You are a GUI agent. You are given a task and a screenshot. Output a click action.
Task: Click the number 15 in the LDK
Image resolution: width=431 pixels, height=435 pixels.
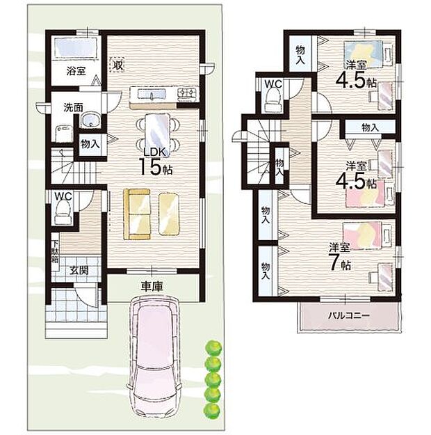(149, 167)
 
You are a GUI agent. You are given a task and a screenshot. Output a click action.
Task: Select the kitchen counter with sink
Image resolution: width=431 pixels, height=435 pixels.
(164, 93)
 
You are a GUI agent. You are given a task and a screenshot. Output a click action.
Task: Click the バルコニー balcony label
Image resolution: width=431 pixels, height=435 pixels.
(349, 315)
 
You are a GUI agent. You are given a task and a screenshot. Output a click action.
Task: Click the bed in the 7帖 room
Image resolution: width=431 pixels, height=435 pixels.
(363, 235)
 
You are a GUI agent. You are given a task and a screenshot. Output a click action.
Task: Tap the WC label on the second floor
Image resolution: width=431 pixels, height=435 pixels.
(272, 84)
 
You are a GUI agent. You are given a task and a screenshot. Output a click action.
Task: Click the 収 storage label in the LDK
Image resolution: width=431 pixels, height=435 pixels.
(118, 65)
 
